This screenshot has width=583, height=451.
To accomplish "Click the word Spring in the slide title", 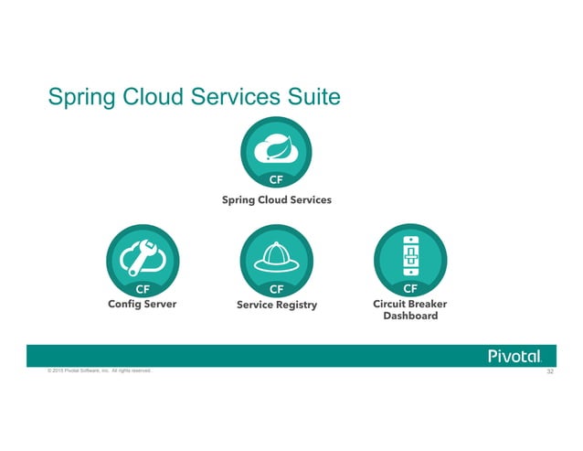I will (80, 98).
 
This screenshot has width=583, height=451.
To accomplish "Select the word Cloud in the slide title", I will (149, 98).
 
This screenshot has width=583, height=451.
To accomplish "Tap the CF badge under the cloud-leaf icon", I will (275, 179).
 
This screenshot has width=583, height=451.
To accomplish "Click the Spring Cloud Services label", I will (276, 199).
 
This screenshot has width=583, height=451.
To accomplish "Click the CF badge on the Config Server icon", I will (142, 289).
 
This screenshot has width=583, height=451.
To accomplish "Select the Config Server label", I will (142, 305).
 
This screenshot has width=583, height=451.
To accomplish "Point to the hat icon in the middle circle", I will (275, 256).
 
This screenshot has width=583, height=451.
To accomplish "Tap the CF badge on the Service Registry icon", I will (275, 289).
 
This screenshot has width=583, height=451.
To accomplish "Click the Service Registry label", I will (276, 305).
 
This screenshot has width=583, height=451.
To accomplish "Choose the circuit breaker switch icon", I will (410, 253).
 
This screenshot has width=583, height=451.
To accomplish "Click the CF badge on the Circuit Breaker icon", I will (410, 289).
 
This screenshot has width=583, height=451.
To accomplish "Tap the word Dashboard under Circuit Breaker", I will (410, 317).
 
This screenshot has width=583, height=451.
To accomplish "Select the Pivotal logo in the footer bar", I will (515, 356).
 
